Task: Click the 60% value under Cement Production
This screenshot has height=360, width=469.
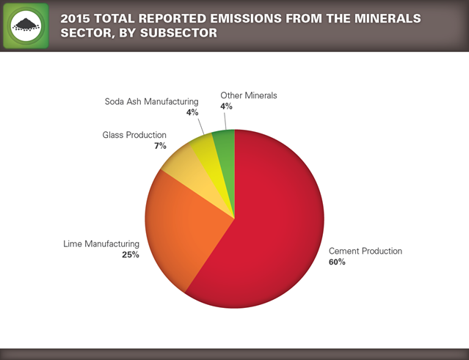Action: pos(337,262)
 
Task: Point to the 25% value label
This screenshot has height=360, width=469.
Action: pos(131,254)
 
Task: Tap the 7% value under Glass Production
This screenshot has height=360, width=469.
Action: pos(160,146)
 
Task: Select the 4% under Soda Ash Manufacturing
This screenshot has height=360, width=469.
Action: pos(192,112)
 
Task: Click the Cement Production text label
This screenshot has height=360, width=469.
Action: pos(365,251)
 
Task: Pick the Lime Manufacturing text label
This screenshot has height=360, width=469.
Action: pos(101,243)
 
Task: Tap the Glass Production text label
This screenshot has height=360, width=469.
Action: pos(134,135)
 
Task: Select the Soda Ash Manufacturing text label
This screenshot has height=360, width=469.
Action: pos(152,101)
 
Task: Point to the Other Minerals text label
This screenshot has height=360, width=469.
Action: pos(249,95)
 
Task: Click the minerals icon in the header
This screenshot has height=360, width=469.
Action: pos(26,26)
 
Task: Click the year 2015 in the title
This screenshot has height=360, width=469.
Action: pos(76,17)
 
